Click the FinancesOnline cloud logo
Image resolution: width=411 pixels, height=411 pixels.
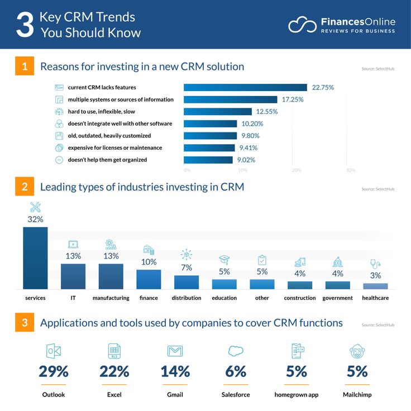(302, 25)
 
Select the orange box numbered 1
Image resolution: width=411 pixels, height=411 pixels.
(24, 66)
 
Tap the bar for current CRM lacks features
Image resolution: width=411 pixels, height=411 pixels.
(245, 87)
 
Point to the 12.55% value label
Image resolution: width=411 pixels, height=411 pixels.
(267, 112)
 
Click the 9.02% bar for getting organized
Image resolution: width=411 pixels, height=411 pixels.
(208, 160)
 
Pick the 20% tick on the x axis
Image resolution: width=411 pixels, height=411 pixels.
(297, 170)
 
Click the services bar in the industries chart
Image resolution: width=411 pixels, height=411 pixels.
(35, 257)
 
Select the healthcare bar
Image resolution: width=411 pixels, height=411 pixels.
(375, 285)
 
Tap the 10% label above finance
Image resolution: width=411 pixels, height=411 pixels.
(149, 262)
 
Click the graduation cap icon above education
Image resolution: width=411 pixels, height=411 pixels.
(224, 260)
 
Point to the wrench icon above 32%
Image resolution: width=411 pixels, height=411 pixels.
(35, 207)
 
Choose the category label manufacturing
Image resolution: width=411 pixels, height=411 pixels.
(111, 298)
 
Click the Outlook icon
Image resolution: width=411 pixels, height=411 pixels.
(54, 351)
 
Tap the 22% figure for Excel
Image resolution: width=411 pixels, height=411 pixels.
(114, 371)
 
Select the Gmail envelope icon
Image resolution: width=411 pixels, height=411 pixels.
(175, 351)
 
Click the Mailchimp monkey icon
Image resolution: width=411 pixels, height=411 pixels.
(357, 351)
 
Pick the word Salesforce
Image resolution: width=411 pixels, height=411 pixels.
(236, 395)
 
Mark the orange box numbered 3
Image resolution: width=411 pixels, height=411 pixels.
(24, 323)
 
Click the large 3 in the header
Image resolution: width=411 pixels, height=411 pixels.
(25, 25)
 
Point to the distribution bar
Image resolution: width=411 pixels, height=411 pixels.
(187, 281)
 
